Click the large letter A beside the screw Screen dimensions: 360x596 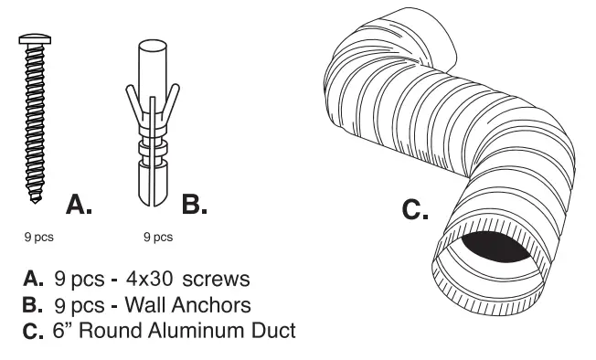coord(79,205)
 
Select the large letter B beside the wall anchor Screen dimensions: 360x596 coord(194,205)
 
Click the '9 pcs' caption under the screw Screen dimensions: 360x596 coord(38,238)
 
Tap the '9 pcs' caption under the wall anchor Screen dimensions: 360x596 coord(158,238)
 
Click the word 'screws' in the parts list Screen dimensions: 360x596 coord(217,276)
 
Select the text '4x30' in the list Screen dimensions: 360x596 coord(154,276)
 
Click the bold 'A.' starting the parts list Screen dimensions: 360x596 coord(33,277)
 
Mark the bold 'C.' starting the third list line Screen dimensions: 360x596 coord(33,331)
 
